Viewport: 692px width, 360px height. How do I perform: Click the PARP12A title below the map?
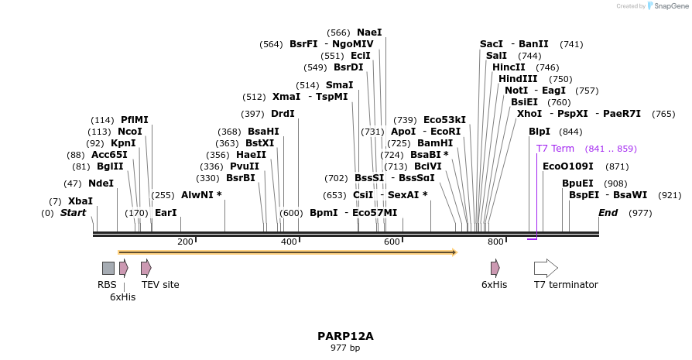click(345, 336)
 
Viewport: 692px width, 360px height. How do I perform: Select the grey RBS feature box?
click(108, 268)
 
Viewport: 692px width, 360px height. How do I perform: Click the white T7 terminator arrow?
click(546, 268)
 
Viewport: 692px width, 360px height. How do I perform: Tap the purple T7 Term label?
click(555, 149)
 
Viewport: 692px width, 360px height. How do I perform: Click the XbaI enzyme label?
click(81, 201)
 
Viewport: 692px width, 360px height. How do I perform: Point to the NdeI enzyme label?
click(101, 183)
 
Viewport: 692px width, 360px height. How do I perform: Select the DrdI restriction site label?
click(283, 114)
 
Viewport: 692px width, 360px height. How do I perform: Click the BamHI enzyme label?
click(435, 143)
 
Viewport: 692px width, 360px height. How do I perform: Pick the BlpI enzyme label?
click(540, 132)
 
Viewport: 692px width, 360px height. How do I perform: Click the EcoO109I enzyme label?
click(567, 166)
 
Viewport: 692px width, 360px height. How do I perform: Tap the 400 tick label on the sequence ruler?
click(289, 242)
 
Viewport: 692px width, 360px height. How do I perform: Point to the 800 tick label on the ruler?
click(495, 242)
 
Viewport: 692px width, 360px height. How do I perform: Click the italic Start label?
click(73, 213)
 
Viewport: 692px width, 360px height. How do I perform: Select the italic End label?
click(609, 213)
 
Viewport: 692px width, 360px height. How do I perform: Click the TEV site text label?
click(160, 285)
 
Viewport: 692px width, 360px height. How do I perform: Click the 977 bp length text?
click(345, 348)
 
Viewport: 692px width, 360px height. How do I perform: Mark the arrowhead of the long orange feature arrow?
click(454, 252)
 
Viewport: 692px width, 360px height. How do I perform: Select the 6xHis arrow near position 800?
click(495, 268)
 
